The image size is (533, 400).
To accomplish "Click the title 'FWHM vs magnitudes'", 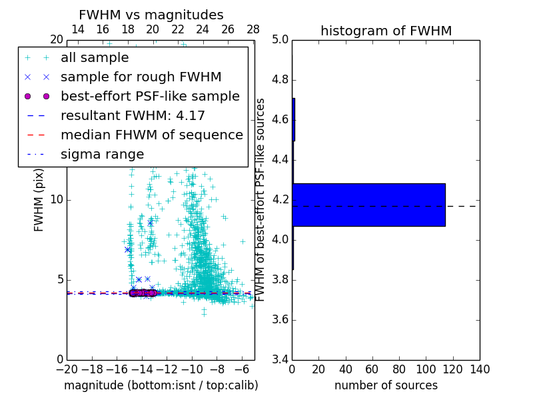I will [151, 15].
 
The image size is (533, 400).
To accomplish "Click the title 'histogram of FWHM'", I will [386, 31].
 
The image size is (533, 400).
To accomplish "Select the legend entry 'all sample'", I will [95, 58].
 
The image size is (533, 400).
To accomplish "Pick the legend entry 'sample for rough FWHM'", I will [141, 77].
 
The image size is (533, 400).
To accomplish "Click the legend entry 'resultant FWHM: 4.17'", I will [133, 115].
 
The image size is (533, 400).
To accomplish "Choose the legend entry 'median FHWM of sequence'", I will [151, 135].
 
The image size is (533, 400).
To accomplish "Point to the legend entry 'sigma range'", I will [102, 154].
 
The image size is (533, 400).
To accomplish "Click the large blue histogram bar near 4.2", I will [368, 205].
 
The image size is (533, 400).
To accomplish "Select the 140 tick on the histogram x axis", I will [480, 369].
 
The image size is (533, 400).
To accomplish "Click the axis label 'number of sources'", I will [386, 385].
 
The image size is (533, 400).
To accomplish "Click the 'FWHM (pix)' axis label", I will [39, 200].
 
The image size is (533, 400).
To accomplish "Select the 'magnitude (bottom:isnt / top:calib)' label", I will [161, 385].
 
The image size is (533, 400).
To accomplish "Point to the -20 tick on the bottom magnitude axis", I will [67, 369].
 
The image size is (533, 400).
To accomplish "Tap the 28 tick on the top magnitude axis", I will [253, 29].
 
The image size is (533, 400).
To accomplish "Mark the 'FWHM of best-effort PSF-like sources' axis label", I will [261, 200].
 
